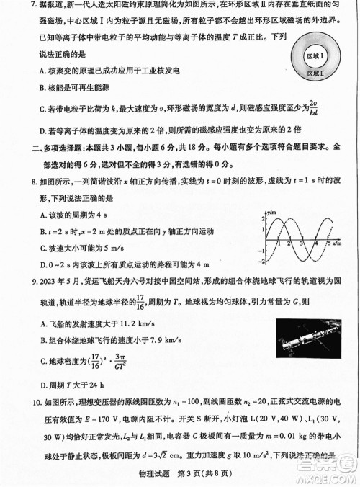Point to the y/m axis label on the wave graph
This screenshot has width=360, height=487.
pos(271,214)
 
